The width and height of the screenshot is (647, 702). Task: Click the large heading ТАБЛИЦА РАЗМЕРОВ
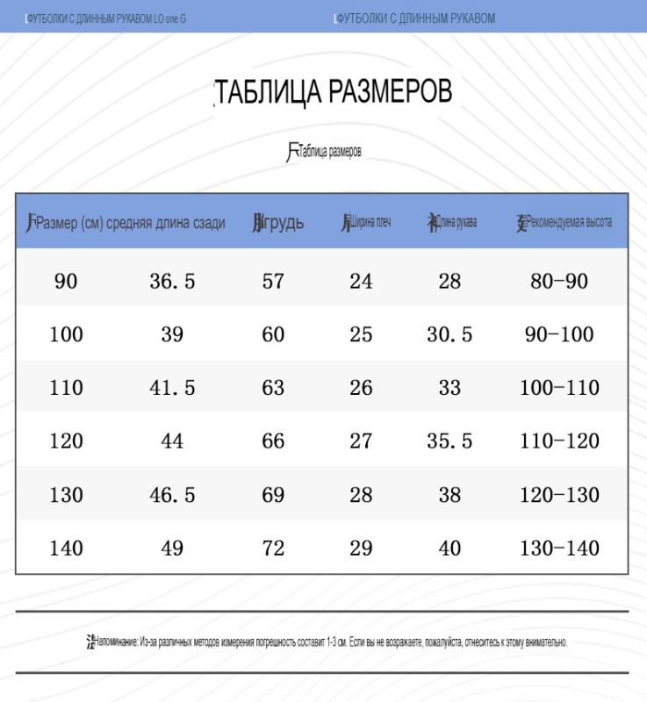pyautogui.click(x=334, y=91)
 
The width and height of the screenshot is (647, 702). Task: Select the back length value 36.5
pyautogui.click(x=172, y=282)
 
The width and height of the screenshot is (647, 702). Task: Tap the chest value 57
pyautogui.click(x=273, y=282)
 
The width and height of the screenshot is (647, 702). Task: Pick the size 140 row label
pyautogui.click(x=66, y=548)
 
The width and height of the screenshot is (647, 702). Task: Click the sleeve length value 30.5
pyautogui.click(x=449, y=334)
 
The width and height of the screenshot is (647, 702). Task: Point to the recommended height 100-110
pyautogui.click(x=559, y=388)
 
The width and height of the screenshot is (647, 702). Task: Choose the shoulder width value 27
pyautogui.click(x=361, y=441)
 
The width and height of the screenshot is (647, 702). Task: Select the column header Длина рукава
pyautogui.click(x=457, y=223)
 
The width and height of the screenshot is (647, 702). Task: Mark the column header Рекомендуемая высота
pyautogui.click(x=569, y=223)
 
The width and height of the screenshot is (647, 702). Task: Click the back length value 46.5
pyautogui.click(x=172, y=495)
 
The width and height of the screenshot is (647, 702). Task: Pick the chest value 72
pyautogui.click(x=273, y=548)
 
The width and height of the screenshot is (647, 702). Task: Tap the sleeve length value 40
pyautogui.click(x=449, y=548)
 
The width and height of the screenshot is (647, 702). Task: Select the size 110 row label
pyautogui.click(x=66, y=388)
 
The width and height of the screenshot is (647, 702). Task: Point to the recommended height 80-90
pyautogui.click(x=559, y=282)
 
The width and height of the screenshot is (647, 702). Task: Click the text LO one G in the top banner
pyautogui.click(x=169, y=18)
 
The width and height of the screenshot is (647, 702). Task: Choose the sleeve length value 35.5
pyautogui.click(x=449, y=441)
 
